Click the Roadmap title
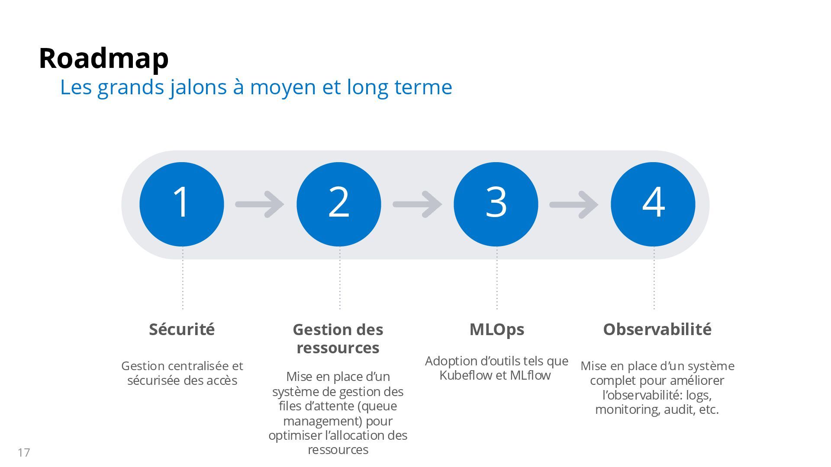tap(103, 58)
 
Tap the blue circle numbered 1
tap(182, 204)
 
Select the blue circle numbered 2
tap(339, 204)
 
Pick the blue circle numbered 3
tap(496, 204)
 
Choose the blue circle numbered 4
tap(653, 204)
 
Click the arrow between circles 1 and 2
tap(260, 204)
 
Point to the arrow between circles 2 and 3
tap(417, 204)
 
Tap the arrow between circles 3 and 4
tap(574, 204)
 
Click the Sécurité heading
tap(182, 329)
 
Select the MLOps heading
tap(496, 329)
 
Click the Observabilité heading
tap(657, 329)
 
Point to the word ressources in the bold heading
tap(338, 348)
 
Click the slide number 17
tap(24, 453)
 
